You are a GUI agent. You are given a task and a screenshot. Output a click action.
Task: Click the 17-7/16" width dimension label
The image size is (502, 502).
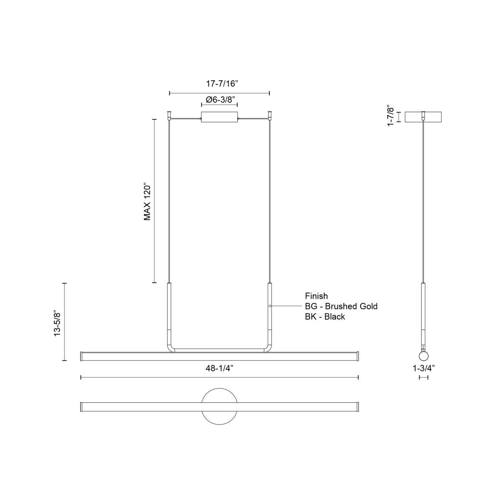click(x=219, y=83)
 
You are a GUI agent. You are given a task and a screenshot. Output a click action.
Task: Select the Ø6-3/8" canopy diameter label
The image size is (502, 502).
click(x=219, y=100)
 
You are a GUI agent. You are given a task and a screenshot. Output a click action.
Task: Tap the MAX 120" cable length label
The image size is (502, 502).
click(x=147, y=201)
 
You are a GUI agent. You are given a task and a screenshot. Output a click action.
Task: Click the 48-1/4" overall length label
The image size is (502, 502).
click(x=219, y=369)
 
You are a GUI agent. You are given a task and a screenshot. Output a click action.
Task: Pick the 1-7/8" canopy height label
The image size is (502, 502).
click(x=391, y=116)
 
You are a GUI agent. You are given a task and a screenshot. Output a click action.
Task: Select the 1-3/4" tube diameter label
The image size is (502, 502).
click(x=423, y=369)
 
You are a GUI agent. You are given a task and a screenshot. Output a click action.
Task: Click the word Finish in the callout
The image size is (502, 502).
click(x=316, y=296)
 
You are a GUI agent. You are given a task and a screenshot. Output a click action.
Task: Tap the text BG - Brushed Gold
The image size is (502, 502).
click(x=341, y=306)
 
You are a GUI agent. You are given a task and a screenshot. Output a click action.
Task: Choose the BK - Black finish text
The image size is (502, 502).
click(x=325, y=317)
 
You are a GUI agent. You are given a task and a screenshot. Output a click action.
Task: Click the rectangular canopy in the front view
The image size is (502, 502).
click(x=219, y=117)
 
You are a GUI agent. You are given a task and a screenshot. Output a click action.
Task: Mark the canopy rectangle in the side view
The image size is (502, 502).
click(x=423, y=117)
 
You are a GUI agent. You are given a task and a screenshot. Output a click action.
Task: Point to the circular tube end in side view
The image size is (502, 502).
click(x=423, y=356)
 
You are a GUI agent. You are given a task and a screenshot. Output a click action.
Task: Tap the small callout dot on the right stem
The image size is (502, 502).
click(x=270, y=306)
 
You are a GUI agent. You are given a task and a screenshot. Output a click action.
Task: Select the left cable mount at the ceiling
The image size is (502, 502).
click(x=169, y=114)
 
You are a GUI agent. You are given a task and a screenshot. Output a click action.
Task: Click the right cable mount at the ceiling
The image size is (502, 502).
click(x=270, y=114)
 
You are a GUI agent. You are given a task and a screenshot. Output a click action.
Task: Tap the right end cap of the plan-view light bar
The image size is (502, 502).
click(x=357, y=407)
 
